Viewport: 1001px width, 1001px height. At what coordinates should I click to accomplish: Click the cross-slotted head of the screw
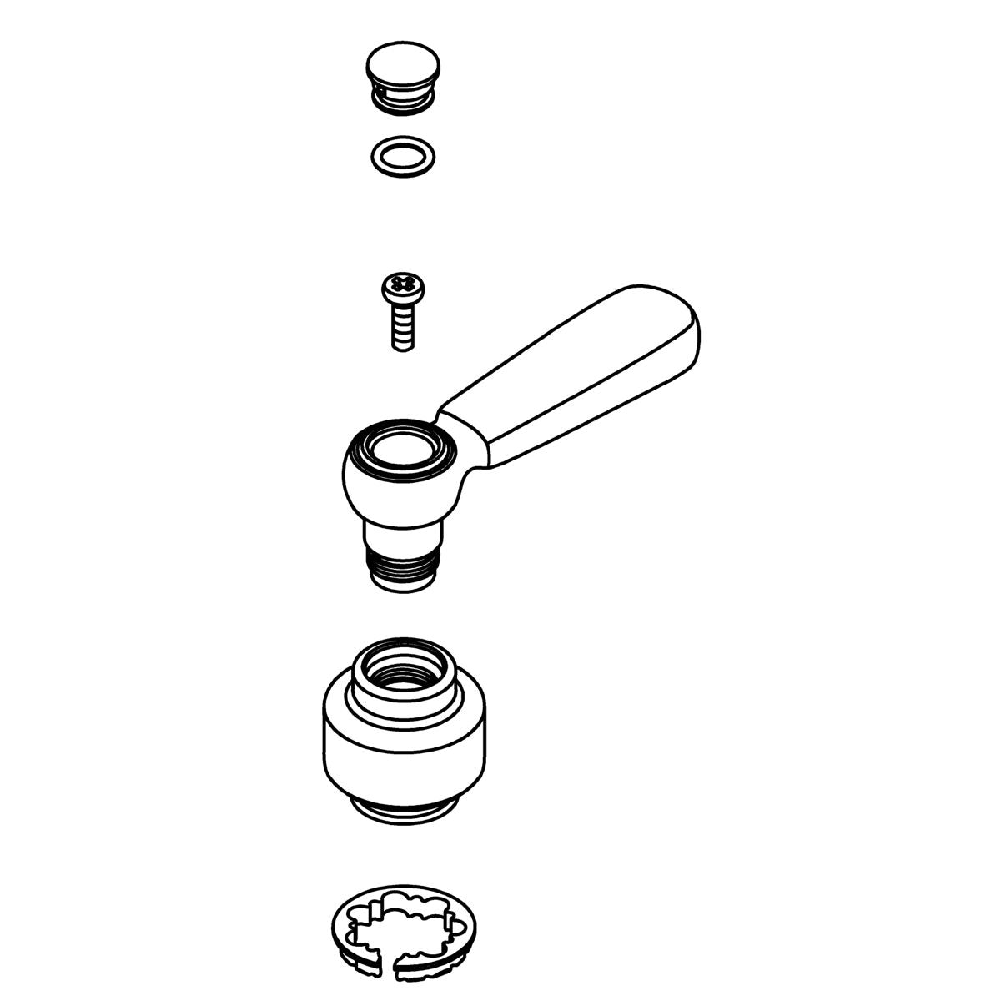(401, 289)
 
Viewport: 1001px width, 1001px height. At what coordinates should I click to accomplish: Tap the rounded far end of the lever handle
(680, 321)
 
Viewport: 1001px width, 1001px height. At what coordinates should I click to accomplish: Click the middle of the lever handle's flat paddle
(576, 375)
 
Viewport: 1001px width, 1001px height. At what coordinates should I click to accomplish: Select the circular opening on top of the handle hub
(402, 450)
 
